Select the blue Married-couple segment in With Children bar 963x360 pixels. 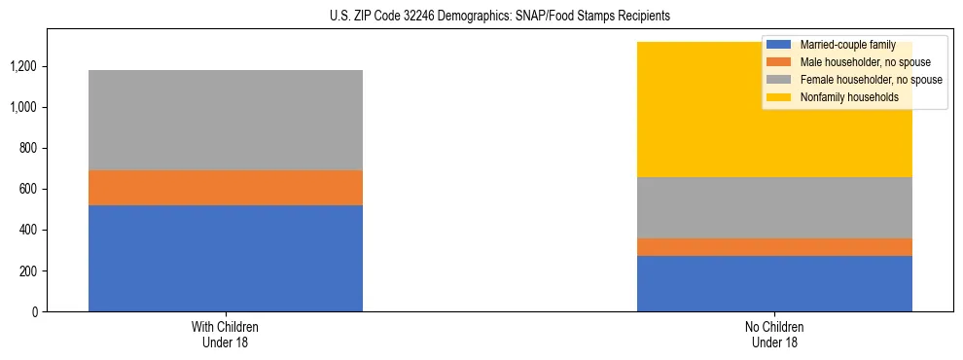pos(226,258)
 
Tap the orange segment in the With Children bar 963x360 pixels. pos(226,188)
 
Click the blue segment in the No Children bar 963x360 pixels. pos(774,283)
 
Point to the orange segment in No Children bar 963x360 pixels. pos(774,247)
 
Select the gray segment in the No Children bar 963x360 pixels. pos(774,207)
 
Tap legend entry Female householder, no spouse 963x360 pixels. pos(869,80)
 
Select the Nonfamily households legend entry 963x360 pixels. pos(847,97)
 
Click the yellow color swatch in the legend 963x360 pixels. pos(779,97)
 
